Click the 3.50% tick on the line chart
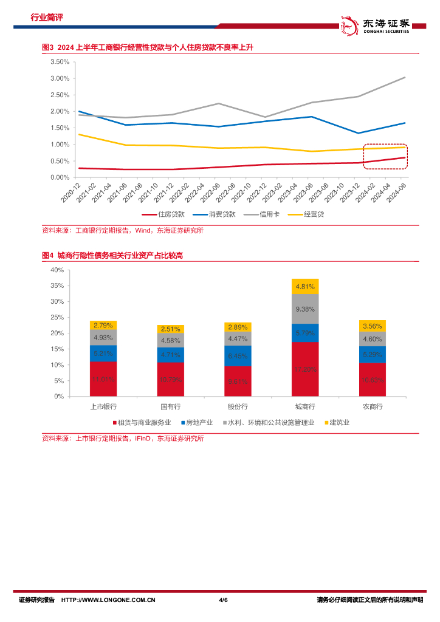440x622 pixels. pos(59,62)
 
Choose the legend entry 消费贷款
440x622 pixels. pos(217,214)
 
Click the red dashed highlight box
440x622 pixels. pos(385,156)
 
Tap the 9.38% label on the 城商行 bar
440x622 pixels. pos(305,309)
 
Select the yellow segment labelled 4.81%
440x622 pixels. pos(305,286)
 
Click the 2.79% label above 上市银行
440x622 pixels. pos(103,325)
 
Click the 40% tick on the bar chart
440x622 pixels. pos(57,270)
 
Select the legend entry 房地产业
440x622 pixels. pos(199,422)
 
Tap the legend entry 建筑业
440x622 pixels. pos(339,422)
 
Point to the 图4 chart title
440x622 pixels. pos(112,256)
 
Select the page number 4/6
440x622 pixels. pos(222,600)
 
